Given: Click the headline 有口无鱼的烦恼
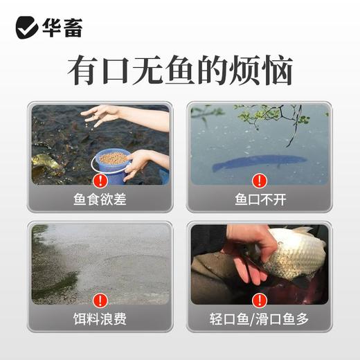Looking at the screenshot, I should tap(180, 71).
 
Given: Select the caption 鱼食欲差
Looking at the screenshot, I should tap(100, 201).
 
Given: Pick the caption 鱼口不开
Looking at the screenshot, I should tap(259, 201).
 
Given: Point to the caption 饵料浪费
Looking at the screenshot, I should tap(100, 320).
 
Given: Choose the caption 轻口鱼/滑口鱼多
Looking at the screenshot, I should tap(259, 320).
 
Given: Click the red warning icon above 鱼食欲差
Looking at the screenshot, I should tap(100, 181).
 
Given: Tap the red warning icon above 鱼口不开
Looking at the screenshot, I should tap(259, 181).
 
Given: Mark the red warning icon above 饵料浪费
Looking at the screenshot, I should tap(100, 300).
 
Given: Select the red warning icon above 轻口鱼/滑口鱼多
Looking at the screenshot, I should tap(259, 300).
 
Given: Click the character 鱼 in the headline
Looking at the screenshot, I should tap(180, 71).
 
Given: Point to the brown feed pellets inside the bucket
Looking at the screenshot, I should tap(113, 157).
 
